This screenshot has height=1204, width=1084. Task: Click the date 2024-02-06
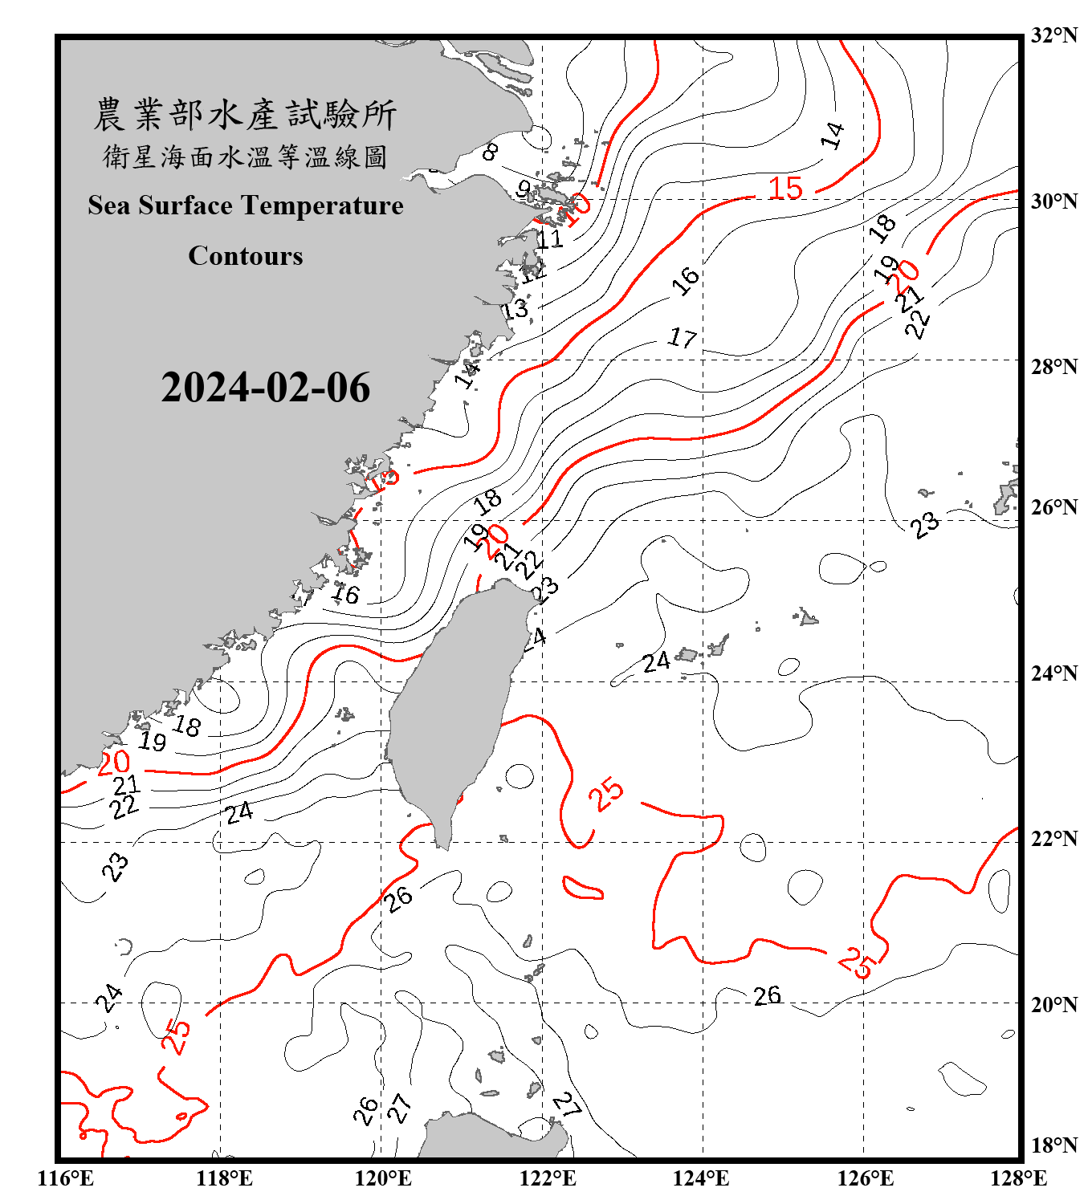click(265, 388)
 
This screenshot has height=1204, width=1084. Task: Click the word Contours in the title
click(246, 255)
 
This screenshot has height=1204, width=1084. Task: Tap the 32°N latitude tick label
click(1053, 35)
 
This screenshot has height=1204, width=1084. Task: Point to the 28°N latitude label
click(1053, 367)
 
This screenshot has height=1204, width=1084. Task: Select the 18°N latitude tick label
click(1053, 1145)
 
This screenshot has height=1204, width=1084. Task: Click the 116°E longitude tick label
click(65, 1178)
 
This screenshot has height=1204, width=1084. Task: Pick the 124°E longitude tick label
click(701, 1178)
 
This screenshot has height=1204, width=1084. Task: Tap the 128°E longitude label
click(1018, 1178)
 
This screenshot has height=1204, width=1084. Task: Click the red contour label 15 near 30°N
click(785, 189)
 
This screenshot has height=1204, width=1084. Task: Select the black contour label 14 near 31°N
click(833, 136)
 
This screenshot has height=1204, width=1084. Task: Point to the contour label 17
click(683, 338)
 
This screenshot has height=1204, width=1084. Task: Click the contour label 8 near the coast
click(490, 150)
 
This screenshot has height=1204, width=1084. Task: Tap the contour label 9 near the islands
click(524, 189)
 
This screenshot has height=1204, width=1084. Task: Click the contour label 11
click(550, 238)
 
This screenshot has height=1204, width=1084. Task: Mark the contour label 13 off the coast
click(516, 309)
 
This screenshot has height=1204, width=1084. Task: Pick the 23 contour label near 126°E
click(925, 524)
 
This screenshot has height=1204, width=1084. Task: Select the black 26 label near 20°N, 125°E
click(767, 995)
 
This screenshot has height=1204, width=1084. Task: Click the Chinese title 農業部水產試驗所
click(245, 114)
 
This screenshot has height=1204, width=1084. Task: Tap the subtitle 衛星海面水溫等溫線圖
click(245, 157)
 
